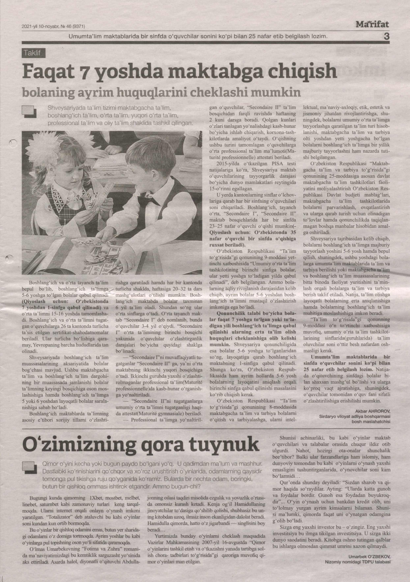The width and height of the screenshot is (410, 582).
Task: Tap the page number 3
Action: click(x=386, y=37)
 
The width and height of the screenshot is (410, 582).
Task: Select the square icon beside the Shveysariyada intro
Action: click(x=29, y=112)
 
